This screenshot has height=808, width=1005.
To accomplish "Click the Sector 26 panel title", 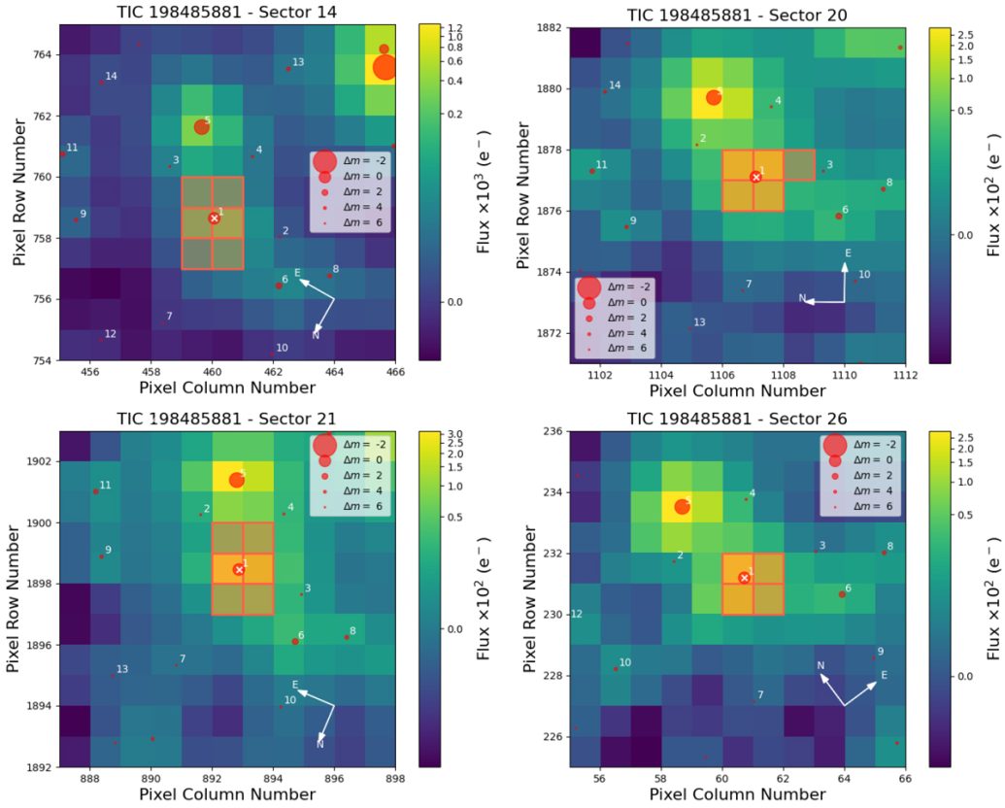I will coord(737,419).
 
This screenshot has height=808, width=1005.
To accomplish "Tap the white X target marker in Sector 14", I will coord(214,219).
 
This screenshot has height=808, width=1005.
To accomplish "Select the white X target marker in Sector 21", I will coord(238,569).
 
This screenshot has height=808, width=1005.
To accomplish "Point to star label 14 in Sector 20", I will coord(615,85).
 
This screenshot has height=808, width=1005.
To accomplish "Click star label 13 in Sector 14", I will coord(298,62).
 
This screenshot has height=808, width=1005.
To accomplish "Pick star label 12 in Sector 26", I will coord(577,614).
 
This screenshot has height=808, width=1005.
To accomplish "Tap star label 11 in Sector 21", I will coord(106,485).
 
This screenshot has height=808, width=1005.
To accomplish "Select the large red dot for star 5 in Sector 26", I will coord(683,506).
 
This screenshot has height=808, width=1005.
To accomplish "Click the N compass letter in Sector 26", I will coord(821,665).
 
